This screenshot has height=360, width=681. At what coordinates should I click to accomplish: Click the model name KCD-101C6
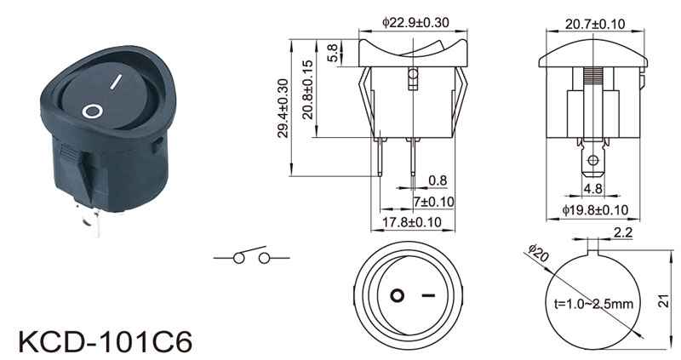pos(105,342)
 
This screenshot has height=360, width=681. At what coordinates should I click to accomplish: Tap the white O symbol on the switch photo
pos(93,111)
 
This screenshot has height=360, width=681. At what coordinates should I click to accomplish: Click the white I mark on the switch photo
pos(115,81)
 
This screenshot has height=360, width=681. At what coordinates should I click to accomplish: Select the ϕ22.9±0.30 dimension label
pos(415,23)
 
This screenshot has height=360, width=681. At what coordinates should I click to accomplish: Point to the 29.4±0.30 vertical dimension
pos(283,108)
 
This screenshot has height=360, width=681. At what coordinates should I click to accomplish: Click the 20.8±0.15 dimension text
pos(307,89)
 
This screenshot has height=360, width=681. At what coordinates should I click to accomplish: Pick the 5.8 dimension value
pos(332,53)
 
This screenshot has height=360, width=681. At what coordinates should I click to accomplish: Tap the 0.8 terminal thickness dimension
pos(438,180)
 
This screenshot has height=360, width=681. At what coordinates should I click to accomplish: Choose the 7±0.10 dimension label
pos(433,202)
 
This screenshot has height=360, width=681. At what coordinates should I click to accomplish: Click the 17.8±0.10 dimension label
pos(412,222)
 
